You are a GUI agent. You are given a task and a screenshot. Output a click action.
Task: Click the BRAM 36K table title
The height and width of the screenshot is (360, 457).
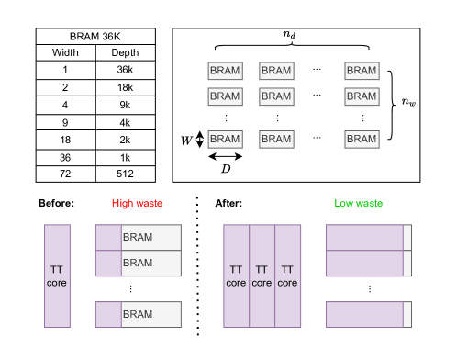(95, 37)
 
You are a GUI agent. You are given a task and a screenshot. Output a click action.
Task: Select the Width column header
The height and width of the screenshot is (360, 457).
(65, 52)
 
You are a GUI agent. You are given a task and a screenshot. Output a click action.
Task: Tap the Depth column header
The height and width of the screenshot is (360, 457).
(125, 52)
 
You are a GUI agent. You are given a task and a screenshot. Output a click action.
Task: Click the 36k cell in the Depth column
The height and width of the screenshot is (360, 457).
(125, 70)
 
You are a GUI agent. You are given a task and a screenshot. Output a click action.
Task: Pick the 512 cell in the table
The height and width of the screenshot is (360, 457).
(125, 174)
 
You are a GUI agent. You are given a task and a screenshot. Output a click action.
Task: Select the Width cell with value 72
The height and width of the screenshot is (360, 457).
(65, 174)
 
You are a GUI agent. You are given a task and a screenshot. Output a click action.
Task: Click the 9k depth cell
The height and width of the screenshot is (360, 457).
(125, 105)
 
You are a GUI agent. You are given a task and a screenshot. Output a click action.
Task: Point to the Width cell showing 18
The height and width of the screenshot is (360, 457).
(65, 140)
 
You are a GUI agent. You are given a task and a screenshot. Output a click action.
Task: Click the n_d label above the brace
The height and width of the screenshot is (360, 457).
(289, 34)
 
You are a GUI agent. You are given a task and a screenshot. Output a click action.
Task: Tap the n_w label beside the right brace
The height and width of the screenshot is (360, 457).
(408, 101)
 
